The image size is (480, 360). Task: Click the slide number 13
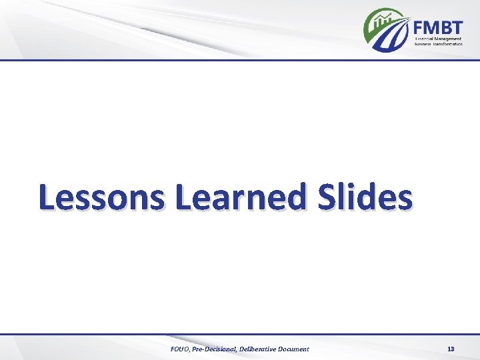click(x=451, y=349)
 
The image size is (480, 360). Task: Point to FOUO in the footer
click(x=181, y=349)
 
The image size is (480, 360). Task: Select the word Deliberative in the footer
click(x=261, y=349)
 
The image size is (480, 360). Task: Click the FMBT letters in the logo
click(x=437, y=27)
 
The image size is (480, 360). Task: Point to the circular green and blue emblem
click(x=387, y=31)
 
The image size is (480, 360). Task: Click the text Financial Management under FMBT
click(x=438, y=40)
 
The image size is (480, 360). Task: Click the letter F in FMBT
click(x=419, y=27)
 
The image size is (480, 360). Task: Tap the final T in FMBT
click(x=457, y=27)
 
